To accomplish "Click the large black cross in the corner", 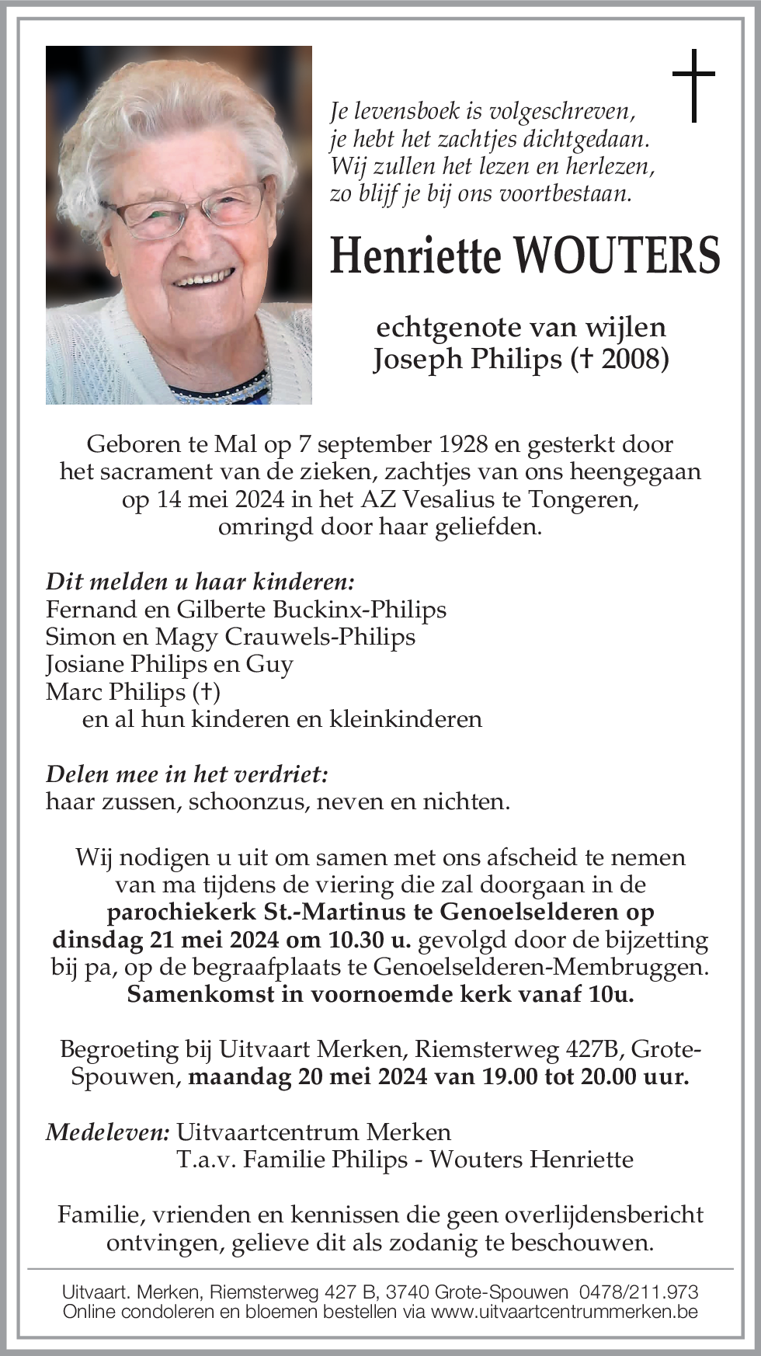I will coord(693,85).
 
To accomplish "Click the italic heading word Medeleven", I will coord(107,1132).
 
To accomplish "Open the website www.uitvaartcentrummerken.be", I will coord(564,1312).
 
